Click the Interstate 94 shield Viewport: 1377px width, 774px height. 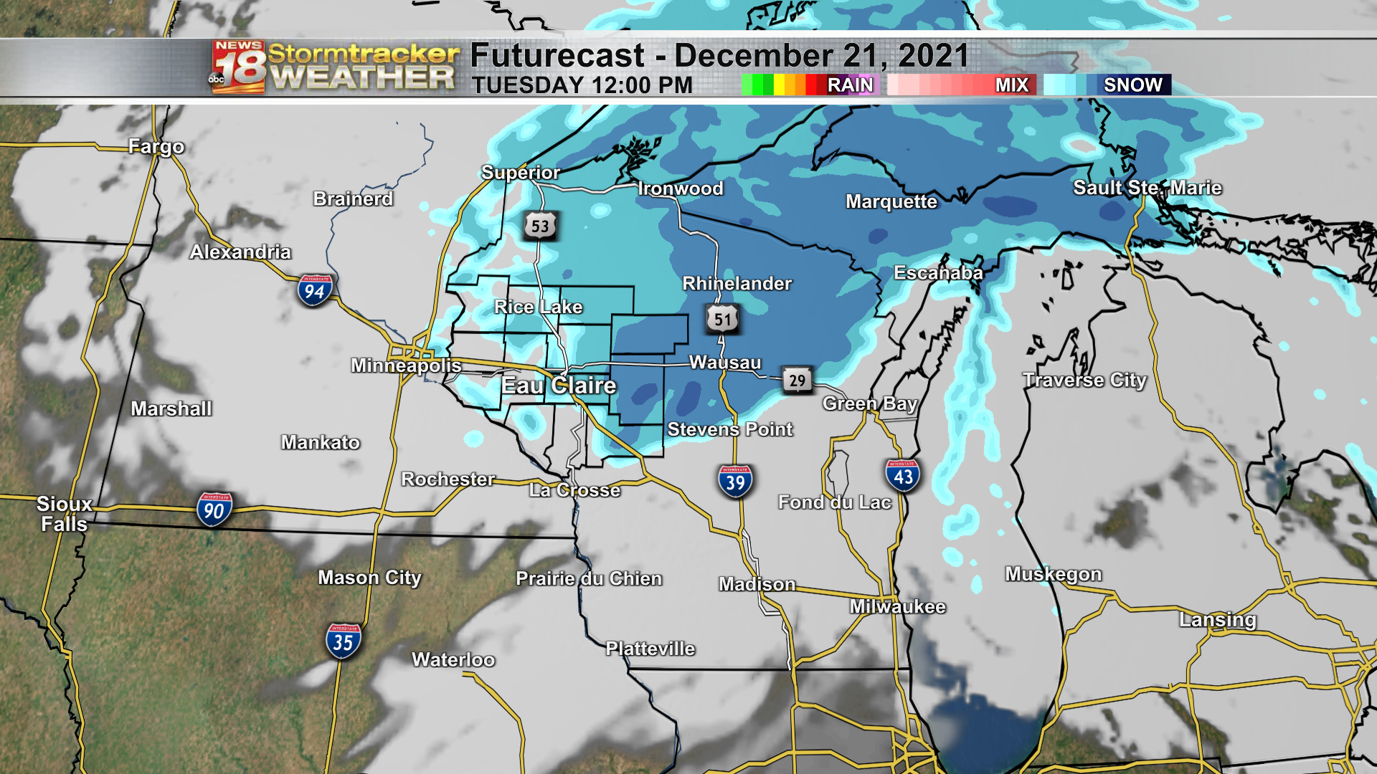[314, 290]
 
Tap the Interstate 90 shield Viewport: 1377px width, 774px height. [214, 510]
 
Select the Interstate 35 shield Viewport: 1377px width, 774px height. [343, 641]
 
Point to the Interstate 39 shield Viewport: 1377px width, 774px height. [735, 482]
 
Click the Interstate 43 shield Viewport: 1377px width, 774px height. [902, 476]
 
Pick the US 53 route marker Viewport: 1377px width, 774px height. [540, 226]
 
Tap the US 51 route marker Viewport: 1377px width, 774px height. [722, 320]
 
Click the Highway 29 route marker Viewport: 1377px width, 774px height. [797, 381]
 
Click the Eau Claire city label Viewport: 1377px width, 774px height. [559, 386]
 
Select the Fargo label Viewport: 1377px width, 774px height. [156, 147]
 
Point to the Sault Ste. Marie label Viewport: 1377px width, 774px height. [1147, 188]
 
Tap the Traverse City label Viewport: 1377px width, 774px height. [1084, 380]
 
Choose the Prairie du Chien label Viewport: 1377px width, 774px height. [589, 578]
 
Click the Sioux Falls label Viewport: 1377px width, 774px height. [64, 514]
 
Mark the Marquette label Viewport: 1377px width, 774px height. [891, 201]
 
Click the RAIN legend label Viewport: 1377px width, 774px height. [850, 85]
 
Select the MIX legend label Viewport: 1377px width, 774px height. [1011, 85]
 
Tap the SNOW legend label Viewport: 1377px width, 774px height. [1132, 85]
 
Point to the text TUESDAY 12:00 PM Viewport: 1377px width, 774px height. [582, 85]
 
